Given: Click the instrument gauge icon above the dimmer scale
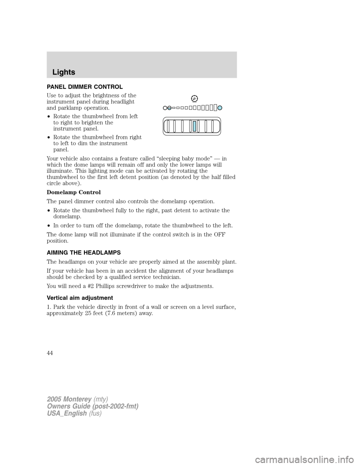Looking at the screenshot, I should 194,99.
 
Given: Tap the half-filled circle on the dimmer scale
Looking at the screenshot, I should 169,108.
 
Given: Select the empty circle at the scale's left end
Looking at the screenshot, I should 165,108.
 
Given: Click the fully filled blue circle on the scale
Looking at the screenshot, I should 220,108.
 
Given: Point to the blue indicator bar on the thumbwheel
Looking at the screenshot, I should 195,126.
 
